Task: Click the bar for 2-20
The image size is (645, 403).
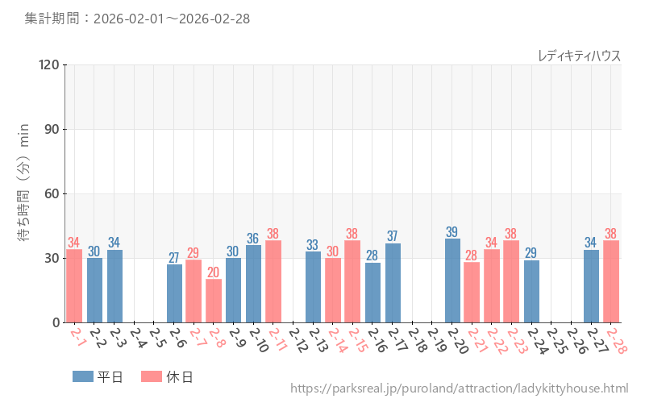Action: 452,280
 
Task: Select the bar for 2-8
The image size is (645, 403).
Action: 214,301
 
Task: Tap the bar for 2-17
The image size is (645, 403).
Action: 393,283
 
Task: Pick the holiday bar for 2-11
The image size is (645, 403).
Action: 273,281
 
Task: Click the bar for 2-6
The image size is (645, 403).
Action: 174,293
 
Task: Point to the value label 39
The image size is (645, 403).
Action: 452,232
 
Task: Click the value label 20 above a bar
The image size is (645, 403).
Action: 214,272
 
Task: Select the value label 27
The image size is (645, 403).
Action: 174,258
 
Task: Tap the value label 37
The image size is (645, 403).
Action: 393,236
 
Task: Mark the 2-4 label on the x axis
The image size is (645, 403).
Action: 136,339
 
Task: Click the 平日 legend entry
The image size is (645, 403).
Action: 98,376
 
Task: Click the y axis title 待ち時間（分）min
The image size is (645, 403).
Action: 24,193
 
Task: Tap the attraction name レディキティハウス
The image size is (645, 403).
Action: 579,56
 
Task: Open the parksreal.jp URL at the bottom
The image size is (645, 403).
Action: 459,389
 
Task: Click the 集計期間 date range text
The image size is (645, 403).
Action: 136,19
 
